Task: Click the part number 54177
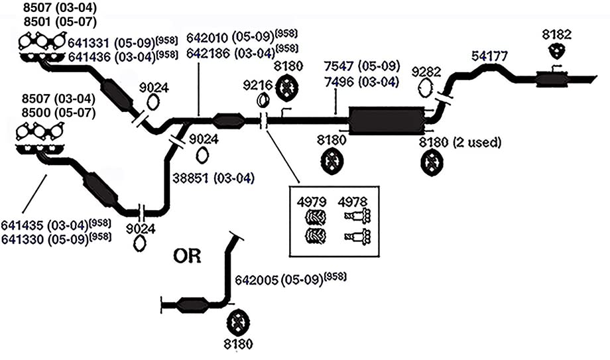click(489, 56)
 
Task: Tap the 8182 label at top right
click(557, 34)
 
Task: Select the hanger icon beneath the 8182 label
click(557, 52)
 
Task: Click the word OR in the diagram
click(187, 256)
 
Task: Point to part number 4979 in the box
click(312, 202)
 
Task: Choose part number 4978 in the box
click(353, 202)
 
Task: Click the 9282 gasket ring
click(426, 88)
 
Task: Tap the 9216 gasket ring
click(263, 100)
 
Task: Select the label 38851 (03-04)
click(213, 178)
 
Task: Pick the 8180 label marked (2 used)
click(460, 143)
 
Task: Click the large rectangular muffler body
click(386, 120)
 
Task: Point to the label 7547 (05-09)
click(362, 66)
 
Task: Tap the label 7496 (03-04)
click(361, 82)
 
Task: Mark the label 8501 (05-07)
click(60, 21)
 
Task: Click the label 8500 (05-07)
click(58, 113)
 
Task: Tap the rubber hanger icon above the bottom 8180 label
click(237, 322)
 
